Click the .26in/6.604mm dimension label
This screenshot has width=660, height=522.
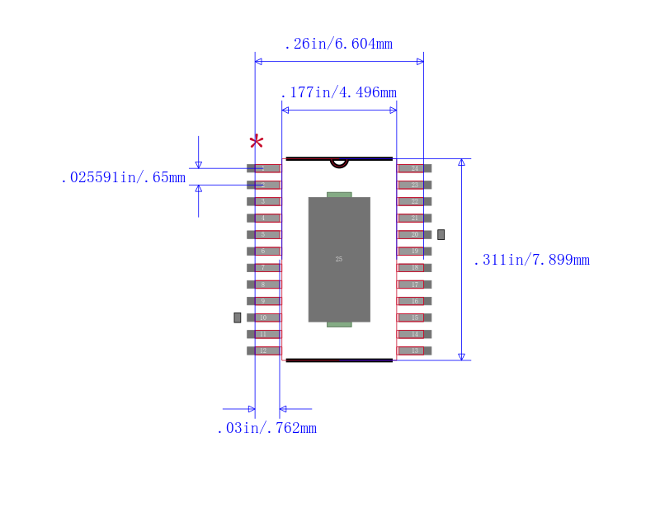(x=338, y=45)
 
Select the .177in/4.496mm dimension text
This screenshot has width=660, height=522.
(x=338, y=92)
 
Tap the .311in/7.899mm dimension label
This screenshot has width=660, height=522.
(x=531, y=261)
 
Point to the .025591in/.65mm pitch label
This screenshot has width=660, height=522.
(x=123, y=178)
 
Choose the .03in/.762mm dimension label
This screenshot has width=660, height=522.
(x=266, y=428)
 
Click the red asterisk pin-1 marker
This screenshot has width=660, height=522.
(x=257, y=143)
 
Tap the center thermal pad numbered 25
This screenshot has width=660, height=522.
(x=339, y=259)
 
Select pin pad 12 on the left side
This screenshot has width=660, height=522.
(x=263, y=350)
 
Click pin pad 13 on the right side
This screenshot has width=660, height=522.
(x=415, y=350)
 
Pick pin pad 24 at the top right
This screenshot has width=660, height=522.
(x=415, y=168)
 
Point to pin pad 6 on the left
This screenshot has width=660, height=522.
(x=263, y=251)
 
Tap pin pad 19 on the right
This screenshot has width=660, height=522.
(x=415, y=251)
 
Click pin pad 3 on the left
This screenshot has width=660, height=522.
(x=263, y=201)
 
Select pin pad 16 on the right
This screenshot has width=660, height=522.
(x=415, y=301)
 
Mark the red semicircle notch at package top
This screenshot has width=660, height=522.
(x=339, y=163)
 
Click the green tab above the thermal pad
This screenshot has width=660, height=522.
(x=339, y=195)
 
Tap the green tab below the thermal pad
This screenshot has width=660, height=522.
(x=339, y=324)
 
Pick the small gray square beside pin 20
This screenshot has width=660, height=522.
(x=441, y=234)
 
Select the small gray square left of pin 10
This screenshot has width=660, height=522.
(x=238, y=317)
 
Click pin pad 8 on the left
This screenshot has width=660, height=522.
(x=263, y=285)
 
